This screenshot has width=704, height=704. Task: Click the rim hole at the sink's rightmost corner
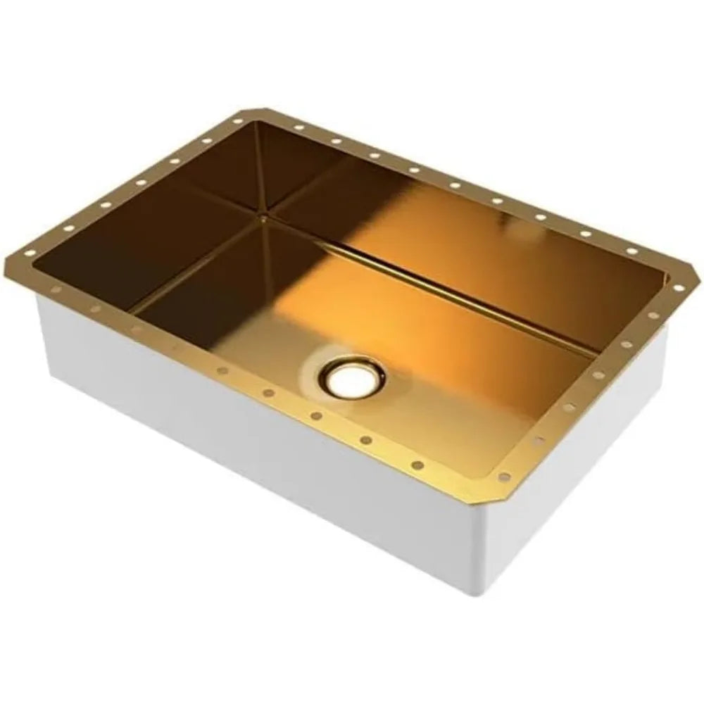click(x=677, y=287)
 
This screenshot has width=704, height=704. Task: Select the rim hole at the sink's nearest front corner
click(x=503, y=477)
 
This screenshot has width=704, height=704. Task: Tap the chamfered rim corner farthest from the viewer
click(x=253, y=110)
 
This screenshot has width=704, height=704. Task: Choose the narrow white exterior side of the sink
click(x=577, y=479)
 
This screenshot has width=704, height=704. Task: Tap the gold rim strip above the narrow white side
click(x=598, y=394)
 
